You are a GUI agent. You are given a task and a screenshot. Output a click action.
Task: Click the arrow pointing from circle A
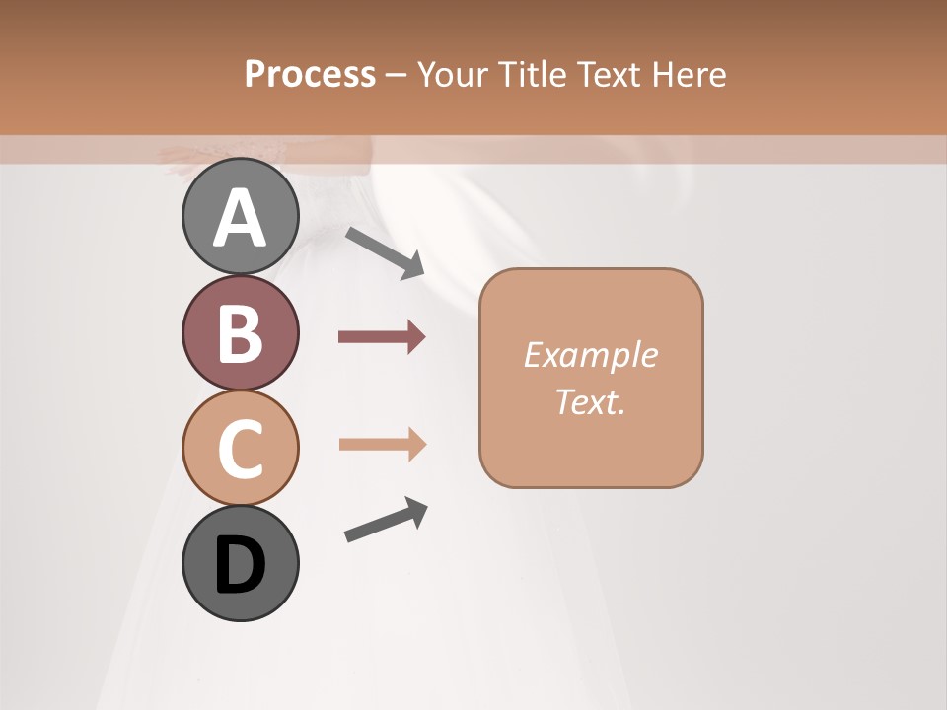pyautogui.click(x=385, y=252)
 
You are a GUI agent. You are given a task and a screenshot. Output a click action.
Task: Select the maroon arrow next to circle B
pyautogui.click(x=382, y=337)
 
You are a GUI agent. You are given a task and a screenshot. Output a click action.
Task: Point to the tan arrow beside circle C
pyautogui.click(x=382, y=444)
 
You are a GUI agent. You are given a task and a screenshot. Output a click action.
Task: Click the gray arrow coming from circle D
pyautogui.click(x=386, y=520)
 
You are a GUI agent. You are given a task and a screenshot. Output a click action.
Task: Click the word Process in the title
pyautogui.click(x=310, y=74)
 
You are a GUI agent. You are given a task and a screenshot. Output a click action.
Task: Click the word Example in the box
pyautogui.click(x=590, y=355)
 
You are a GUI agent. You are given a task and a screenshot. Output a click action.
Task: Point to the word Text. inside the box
pyautogui.click(x=590, y=401)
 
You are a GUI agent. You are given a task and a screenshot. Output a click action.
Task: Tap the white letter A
pyautogui.click(x=240, y=218)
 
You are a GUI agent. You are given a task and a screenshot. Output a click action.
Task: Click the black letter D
pyautogui.click(x=240, y=565)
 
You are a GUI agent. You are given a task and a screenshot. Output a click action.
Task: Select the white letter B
pyautogui.click(x=240, y=333)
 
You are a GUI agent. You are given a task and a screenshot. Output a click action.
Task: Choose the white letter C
pyautogui.click(x=240, y=449)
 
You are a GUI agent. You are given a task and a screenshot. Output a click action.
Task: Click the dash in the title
pyautogui.click(x=397, y=75)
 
